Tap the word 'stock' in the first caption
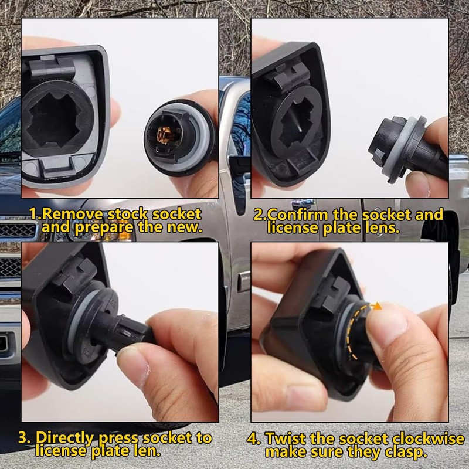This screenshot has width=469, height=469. [x=123, y=214]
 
